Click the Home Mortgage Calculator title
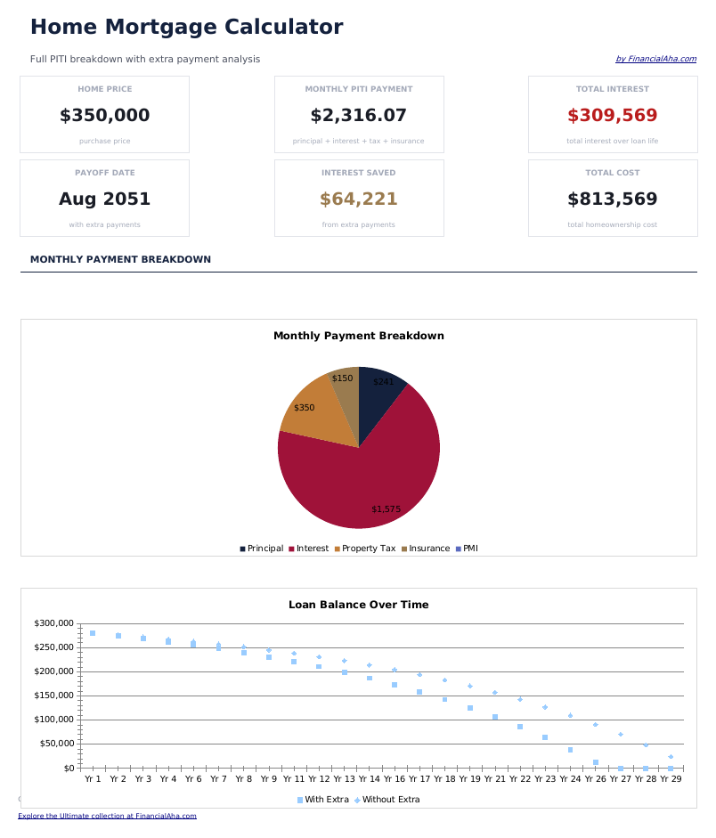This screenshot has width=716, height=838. [x=186, y=28]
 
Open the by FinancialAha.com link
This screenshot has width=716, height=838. [x=655, y=60]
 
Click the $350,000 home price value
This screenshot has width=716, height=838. [x=104, y=116]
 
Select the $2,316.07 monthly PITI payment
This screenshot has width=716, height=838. [x=358, y=116]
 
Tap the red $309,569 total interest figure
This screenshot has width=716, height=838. [x=612, y=116]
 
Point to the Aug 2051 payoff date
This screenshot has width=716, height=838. [x=104, y=199]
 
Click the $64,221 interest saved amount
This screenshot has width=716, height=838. [x=358, y=199]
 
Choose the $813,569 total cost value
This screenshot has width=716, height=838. [x=612, y=199]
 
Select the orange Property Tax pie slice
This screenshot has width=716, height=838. [x=312, y=414]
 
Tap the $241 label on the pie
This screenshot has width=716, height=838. [x=383, y=382]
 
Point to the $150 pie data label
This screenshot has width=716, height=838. [x=342, y=378]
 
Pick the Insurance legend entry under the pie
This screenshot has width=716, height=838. [x=428, y=549]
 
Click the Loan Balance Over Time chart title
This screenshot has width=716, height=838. [x=358, y=605]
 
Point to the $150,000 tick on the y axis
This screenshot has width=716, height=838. [x=55, y=696]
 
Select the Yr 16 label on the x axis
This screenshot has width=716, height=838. [x=395, y=778]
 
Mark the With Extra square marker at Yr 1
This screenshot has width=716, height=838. [x=93, y=633]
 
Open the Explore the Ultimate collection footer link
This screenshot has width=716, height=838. [x=107, y=816]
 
